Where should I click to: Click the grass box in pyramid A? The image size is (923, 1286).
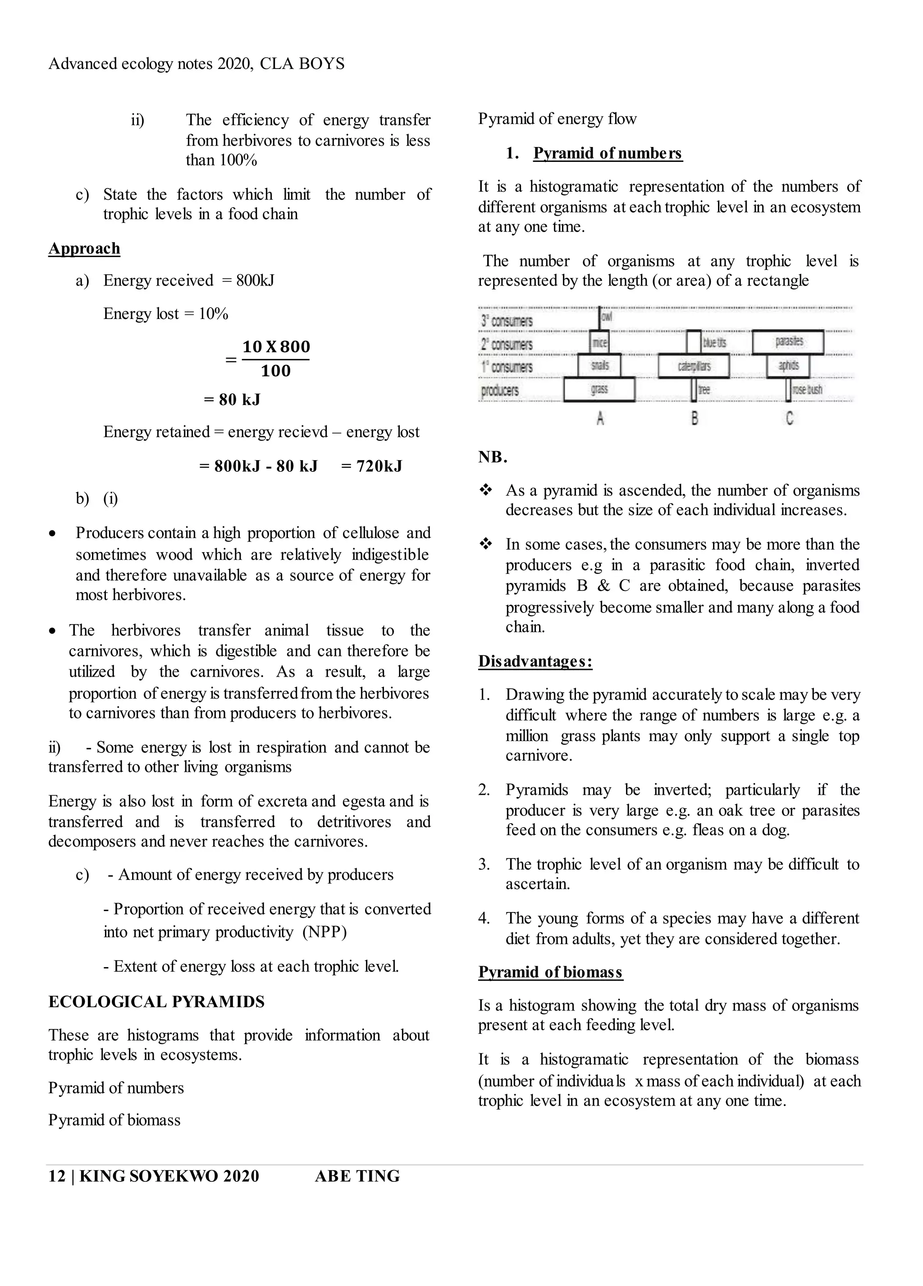[x=599, y=390]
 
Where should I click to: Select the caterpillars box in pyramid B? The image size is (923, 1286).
[x=694, y=366]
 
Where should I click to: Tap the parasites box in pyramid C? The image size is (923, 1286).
[x=788, y=342]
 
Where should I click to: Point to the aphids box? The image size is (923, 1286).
[x=788, y=366]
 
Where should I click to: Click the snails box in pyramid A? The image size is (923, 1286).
[x=599, y=366]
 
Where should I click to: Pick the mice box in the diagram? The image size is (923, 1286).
[x=599, y=342]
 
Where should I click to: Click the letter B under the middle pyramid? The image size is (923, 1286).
[x=695, y=419]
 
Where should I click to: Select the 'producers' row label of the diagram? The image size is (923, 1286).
[x=500, y=391]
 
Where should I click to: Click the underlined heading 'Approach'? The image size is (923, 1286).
[x=84, y=249]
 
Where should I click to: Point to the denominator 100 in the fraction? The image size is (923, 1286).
[x=275, y=371]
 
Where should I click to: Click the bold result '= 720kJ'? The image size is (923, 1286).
[x=372, y=466]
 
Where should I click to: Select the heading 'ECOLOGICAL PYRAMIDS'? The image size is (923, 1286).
[x=156, y=1002]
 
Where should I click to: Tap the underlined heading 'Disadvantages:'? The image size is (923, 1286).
[x=535, y=661]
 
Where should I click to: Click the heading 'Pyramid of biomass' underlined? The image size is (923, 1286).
[x=550, y=972]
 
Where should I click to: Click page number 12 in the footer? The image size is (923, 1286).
[x=57, y=1176]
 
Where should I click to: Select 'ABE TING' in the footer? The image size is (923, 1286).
[x=357, y=1176]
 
